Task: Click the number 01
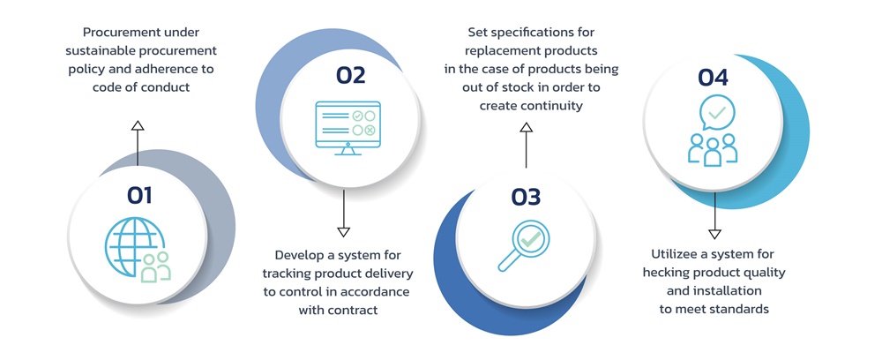point(139,195)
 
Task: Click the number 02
point(350,76)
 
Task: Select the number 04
point(713,78)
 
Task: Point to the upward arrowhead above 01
point(137,127)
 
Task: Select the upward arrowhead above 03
point(526,128)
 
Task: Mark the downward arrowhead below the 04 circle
point(714,233)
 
